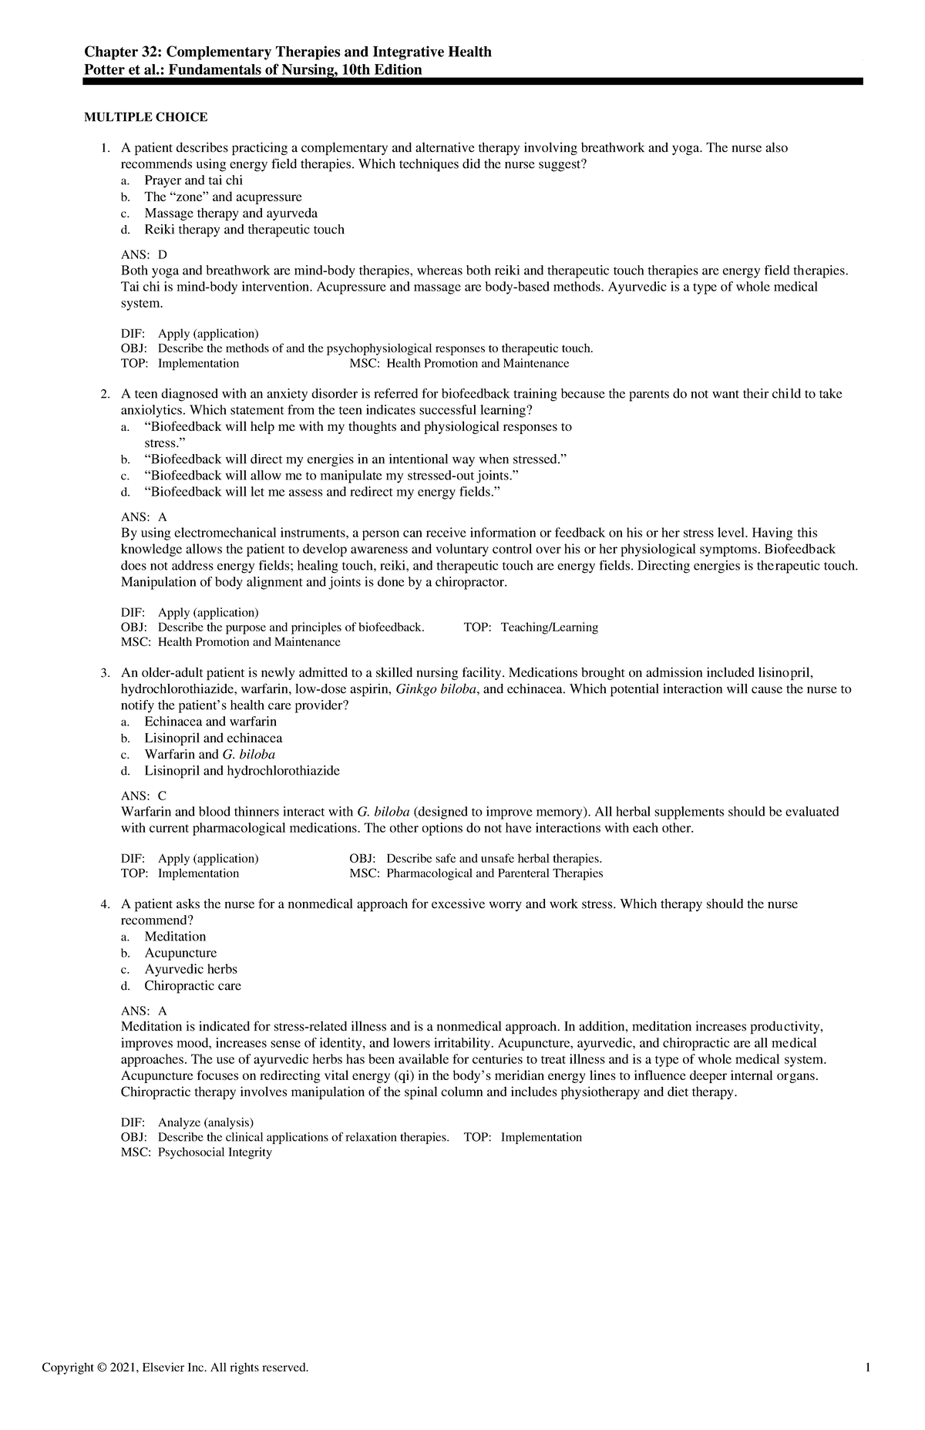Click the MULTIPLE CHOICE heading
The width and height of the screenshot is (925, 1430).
[x=145, y=117]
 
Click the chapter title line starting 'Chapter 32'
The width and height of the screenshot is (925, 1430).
[x=288, y=52]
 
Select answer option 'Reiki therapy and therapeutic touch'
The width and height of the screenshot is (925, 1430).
[x=244, y=230]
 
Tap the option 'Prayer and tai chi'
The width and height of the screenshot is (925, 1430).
[x=193, y=180]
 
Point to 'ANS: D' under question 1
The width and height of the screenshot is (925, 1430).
[x=144, y=254]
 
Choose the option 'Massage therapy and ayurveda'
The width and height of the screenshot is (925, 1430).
[x=230, y=213]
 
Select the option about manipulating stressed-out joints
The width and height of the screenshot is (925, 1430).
[x=327, y=476]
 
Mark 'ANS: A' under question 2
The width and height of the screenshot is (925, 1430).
[x=144, y=516]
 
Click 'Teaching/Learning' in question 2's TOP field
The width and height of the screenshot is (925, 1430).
[x=549, y=628]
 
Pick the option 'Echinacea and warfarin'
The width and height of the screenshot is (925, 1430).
[x=210, y=722]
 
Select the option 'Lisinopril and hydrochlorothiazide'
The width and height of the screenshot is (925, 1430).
[x=241, y=771]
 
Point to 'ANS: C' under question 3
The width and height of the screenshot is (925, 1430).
[x=144, y=796]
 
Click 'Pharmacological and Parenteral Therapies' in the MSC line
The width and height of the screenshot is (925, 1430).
[x=494, y=873]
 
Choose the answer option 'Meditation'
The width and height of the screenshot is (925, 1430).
[x=175, y=937]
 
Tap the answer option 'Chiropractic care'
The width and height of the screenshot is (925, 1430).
[x=193, y=986]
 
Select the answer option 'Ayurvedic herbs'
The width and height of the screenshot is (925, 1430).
[x=190, y=969]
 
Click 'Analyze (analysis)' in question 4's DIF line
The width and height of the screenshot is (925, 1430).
[x=205, y=1122]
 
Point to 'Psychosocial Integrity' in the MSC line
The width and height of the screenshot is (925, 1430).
[x=215, y=1152]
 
